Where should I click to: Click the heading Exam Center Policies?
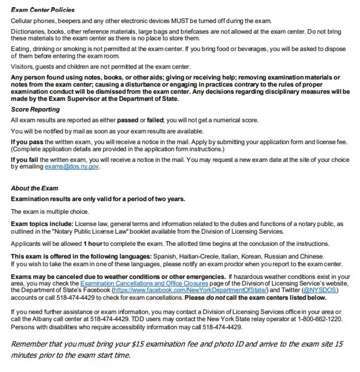pyautogui.click(x=43, y=10)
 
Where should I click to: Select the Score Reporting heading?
pyautogui.click(x=35, y=109)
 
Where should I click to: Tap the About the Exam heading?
pyautogui.click(x=34, y=188)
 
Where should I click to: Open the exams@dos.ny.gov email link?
pyautogui.click(x=72, y=167)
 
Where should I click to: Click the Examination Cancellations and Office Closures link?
pyautogui.click(x=144, y=283)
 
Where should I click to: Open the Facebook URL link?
pyautogui.click(x=190, y=290)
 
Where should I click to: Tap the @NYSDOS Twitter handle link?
pyautogui.click(x=320, y=290)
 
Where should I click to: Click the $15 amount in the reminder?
pyautogui.click(x=137, y=344)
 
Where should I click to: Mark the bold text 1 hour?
pyautogui.click(x=93, y=244)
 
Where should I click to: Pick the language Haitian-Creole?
pyautogui.click(x=197, y=256)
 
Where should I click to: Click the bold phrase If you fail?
pyautogui.click(x=25, y=160)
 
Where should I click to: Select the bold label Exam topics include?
pyautogui.click(x=42, y=224)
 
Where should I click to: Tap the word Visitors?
pyautogui.click(x=22, y=67)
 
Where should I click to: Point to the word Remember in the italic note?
pyautogui.click(x=30, y=344)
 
